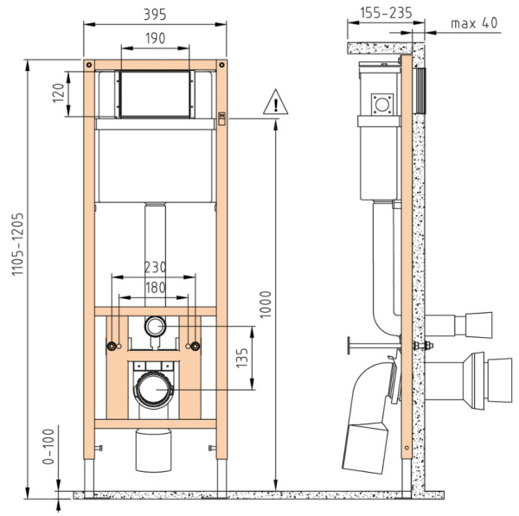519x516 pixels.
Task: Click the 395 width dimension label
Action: point(155,15)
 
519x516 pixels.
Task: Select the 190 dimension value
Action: point(155,38)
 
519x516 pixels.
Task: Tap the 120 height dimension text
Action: point(58,93)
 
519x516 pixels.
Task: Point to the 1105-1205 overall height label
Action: point(18,244)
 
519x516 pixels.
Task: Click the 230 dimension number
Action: point(155,267)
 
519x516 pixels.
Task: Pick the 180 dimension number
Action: point(155,288)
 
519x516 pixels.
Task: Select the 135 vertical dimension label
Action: point(242,358)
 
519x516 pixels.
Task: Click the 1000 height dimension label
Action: point(266,304)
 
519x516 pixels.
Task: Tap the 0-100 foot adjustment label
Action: point(48,447)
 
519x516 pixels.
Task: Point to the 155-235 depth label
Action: point(386,13)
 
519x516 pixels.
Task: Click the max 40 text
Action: point(474,22)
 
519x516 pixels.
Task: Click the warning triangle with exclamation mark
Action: point(275,102)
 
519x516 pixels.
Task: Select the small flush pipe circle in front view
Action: point(155,326)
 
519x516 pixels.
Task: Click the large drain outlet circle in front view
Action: point(154,389)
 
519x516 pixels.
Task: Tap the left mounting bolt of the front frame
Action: point(112,347)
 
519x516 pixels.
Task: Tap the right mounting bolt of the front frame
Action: point(196,347)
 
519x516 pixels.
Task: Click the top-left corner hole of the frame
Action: point(89,65)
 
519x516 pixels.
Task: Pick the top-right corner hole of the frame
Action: point(221,65)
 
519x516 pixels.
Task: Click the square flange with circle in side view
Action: point(382,105)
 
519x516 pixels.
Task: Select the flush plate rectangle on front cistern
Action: point(155,94)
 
